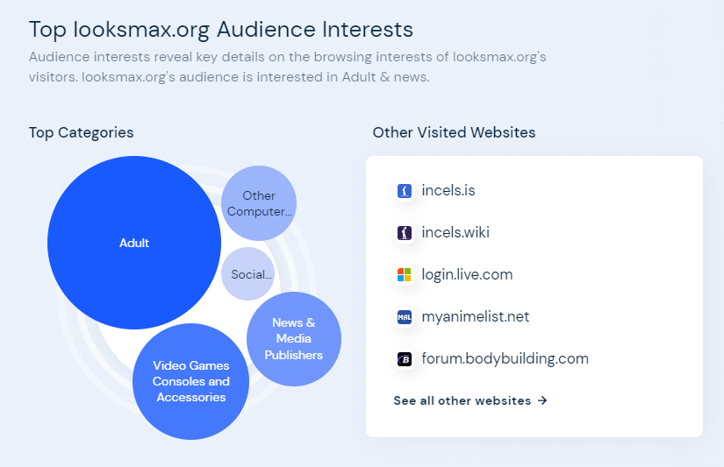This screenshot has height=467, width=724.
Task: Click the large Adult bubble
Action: tap(134, 243)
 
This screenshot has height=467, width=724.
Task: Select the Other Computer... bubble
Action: tap(259, 203)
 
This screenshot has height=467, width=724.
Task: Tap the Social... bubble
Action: tap(248, 274)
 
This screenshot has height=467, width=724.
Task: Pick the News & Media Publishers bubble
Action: tap(294, 339)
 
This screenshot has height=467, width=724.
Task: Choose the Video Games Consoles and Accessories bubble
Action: tap(190, 381)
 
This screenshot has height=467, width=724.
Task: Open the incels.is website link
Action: tap(448, 190)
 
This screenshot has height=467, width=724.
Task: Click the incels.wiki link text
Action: tap(455, 232)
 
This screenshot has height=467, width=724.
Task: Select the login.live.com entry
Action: tap(467, 275)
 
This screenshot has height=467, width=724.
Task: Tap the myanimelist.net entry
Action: tap(475, 316)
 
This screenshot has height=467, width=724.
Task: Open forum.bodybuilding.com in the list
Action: tap(505, 358)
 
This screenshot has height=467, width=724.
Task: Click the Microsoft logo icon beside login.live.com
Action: tap(405, 275)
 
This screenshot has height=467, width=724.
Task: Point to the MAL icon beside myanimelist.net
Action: tap(405, 316)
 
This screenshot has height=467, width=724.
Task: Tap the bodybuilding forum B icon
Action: tap(405, 358)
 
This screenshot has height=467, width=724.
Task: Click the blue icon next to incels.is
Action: tap(405, 190)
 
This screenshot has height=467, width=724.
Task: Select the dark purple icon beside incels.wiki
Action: tap(405, 232)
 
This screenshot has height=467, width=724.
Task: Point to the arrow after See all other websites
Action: tap(542, 400)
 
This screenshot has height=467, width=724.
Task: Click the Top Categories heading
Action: tap(81, 133)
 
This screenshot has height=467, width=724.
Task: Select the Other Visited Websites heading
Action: tap(454, 133)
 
